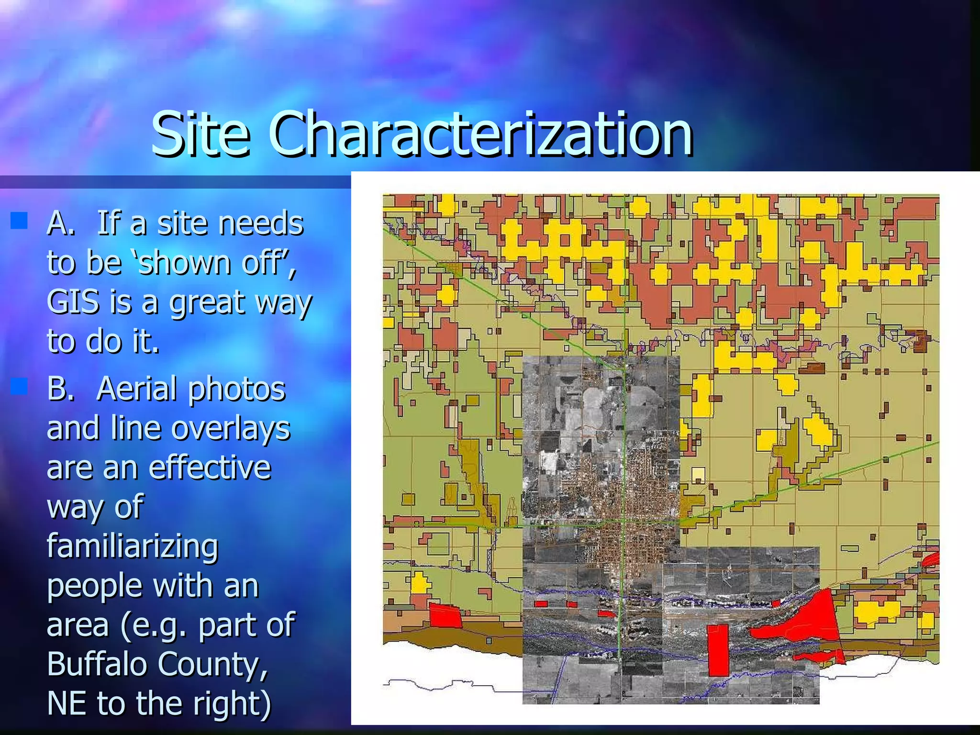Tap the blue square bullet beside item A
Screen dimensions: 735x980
point(19,221)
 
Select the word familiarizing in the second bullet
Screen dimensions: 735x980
point(133,546)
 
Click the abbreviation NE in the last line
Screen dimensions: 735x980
point(67,703)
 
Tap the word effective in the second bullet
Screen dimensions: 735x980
point(210,468)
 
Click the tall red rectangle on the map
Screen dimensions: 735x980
point(718,650)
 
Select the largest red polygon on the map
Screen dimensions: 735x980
point(809,622)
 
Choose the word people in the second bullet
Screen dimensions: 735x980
point(95,587)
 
